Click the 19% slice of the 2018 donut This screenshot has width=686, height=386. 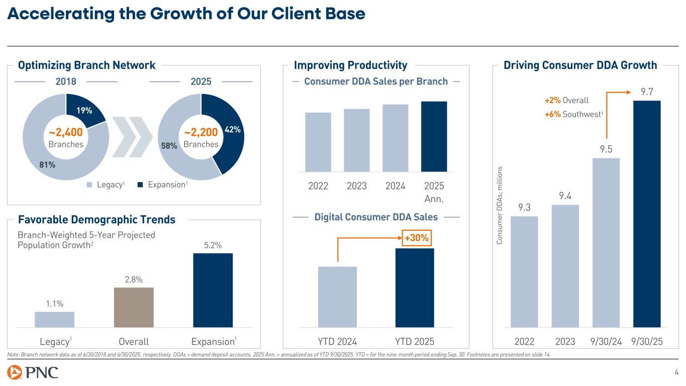(x=84, y=108)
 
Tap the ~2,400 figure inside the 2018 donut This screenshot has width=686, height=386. (x=65, y=133)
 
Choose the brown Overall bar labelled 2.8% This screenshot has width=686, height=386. (x=134, y=307)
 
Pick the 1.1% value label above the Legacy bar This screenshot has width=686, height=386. (x=54, y=303)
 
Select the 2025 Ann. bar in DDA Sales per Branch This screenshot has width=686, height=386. (x=434, y=136)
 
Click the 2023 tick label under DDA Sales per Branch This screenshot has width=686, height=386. (x=357, y=186)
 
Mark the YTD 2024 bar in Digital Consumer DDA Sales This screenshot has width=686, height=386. (x=337, y=297)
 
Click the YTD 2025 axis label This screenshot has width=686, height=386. (x=415, y=342)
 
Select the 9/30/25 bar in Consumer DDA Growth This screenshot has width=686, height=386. (x=647, y=214)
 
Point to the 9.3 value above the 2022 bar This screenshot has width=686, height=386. (x=524, y=207)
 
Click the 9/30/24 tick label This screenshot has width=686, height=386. (x=607, y=342)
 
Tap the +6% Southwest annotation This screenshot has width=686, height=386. (x=573, y=115)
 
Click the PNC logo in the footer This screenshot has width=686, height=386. (x=33, y=373)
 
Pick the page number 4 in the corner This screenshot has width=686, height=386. (x=676, y=372)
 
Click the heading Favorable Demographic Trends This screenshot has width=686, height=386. (x=96, y=220)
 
